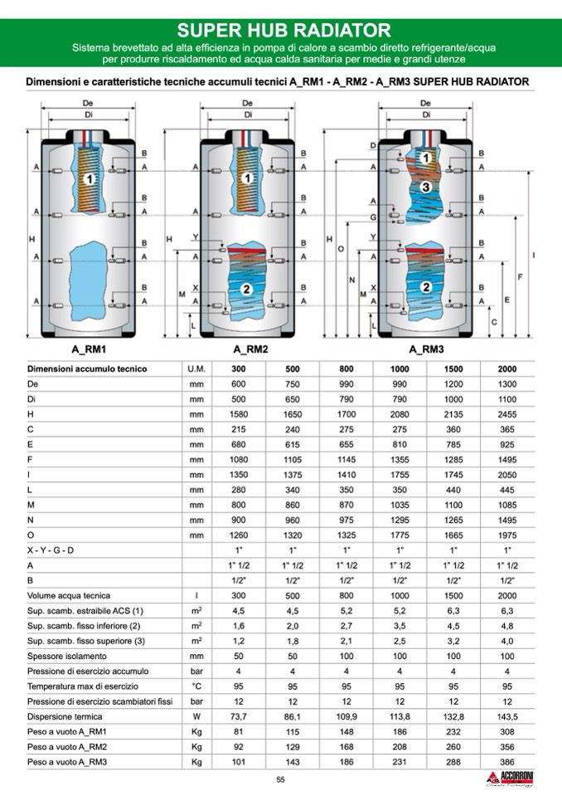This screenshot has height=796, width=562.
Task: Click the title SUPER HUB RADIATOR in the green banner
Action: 283,30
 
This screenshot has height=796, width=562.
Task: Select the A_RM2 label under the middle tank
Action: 250,349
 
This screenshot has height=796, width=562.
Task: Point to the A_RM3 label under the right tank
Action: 427,349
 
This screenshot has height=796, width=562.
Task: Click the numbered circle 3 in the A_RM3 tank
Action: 425,188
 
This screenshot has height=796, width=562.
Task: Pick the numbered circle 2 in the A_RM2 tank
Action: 246,288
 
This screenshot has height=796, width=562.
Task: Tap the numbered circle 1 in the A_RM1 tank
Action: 89,178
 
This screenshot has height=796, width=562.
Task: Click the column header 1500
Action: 453,369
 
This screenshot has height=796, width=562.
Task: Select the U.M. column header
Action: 196,369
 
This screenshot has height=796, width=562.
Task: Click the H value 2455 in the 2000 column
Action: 506,414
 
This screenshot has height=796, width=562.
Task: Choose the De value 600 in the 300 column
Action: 239,384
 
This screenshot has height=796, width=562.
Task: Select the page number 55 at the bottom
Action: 281,779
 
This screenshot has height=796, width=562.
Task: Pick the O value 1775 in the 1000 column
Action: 400,535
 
